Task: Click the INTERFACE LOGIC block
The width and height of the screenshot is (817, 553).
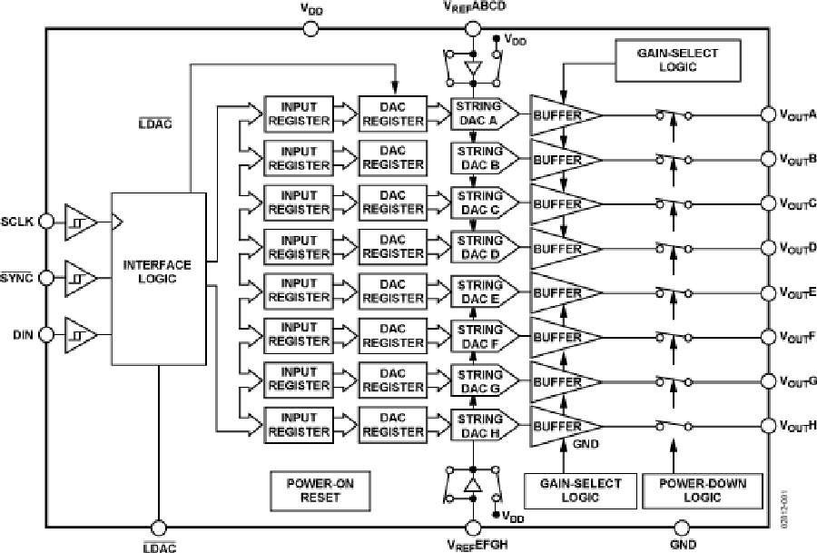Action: (x=158, y=272)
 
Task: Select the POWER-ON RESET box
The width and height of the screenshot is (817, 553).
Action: (x=313, y=490)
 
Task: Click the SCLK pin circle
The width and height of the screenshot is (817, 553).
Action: (x=49, y=221)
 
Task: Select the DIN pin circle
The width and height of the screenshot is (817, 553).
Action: (x=49, y=335)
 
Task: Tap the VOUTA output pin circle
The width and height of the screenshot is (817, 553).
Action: (x=766, y=114)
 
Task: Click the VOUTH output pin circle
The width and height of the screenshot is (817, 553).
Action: (x=766, y=425)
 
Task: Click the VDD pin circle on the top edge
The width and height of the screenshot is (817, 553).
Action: (x=310, y=29)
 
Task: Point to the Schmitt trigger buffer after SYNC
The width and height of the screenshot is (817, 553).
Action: (x=79, y=277)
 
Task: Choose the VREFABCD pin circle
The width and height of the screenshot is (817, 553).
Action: (x=472, y=29)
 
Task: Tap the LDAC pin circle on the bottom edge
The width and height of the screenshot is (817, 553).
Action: (x=158, y=528)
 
